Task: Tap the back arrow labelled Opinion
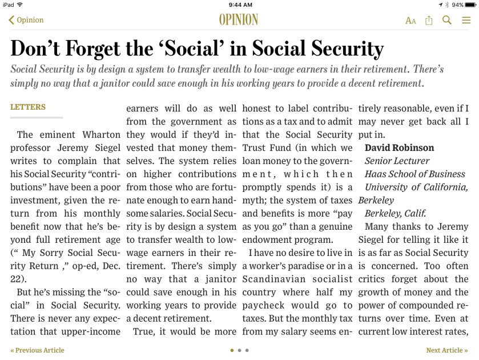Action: coord(26,20)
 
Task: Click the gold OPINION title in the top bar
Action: coord(239,20)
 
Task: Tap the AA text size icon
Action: coord(410,21)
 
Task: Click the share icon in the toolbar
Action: coord(429,20)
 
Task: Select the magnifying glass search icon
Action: coord(447,20)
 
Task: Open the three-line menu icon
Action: coord(466,20)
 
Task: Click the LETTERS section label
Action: coord(28,107)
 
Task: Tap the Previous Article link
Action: coord(37,350)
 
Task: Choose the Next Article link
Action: coord(446,350)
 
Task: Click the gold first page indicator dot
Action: coord(232,350)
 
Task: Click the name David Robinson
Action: coord(399,148)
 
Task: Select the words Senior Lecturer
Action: coord(397,161)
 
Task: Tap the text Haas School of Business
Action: coord(415,174)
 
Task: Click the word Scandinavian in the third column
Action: coord(273,279)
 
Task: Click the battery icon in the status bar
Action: coord(470,5)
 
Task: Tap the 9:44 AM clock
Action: coord(239,5)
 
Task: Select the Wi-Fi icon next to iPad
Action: coord(20,5)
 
